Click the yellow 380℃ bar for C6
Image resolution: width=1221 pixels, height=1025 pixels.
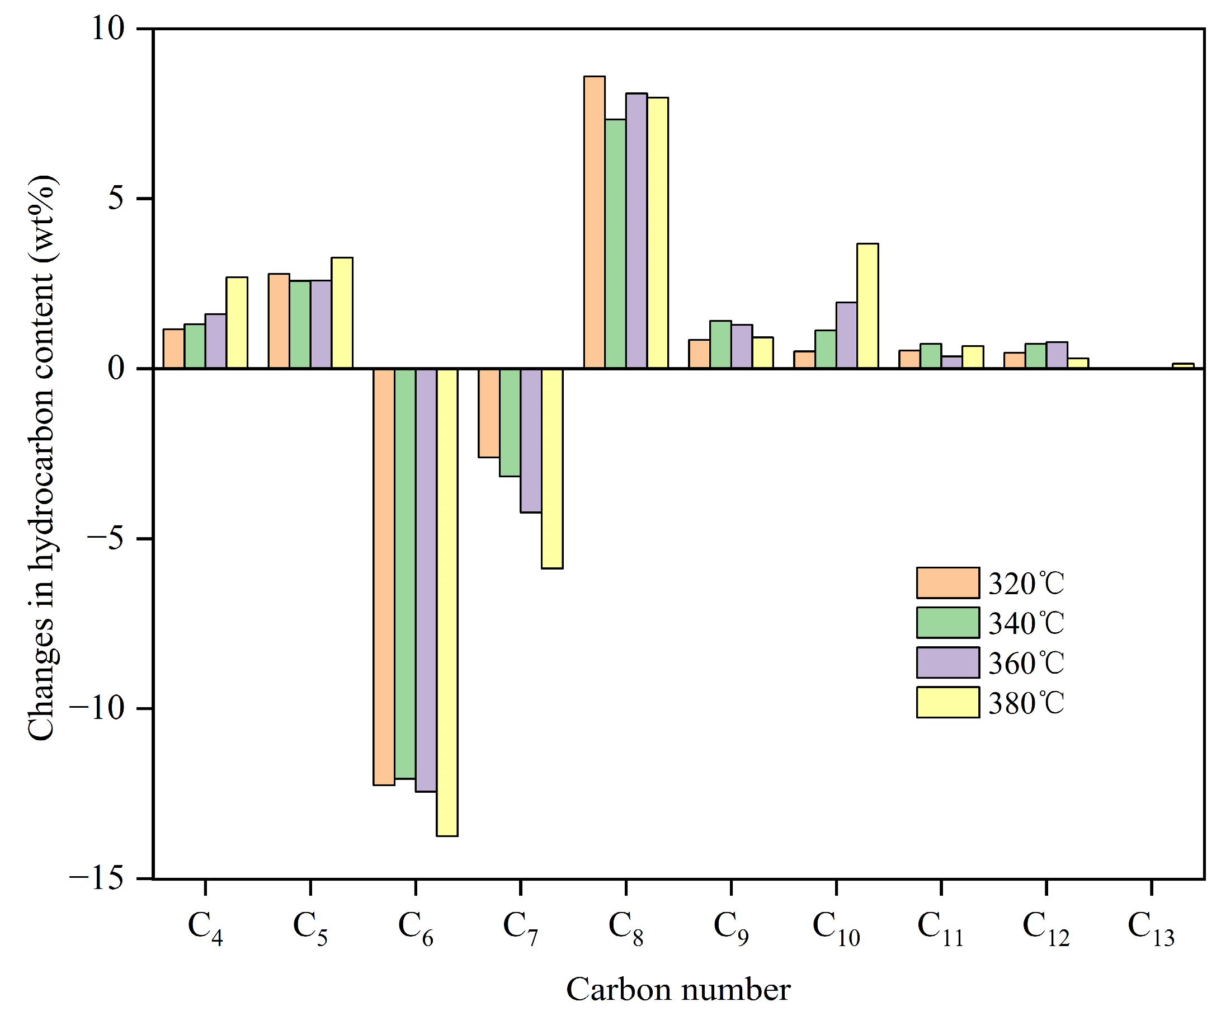click(447, 602)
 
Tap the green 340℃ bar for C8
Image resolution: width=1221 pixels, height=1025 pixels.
click(615, 244)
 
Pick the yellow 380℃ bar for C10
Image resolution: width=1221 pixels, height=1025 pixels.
click(868, 306)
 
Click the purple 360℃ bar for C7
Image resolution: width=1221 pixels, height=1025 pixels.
click(531, 440)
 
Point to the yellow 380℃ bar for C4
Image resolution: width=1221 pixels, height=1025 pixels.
click(237, 323)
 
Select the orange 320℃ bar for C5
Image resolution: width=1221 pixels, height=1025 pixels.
click(279, 321)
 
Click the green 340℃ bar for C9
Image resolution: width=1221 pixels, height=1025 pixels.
click(720, 345)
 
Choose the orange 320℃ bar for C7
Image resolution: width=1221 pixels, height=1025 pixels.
click(488, 413)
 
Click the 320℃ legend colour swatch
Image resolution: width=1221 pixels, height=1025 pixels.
click(947, 583)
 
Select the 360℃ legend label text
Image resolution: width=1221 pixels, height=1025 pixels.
click(1026, 663)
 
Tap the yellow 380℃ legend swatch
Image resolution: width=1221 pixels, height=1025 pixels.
click(947, 703)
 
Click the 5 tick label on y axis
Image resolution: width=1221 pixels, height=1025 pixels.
click(116, 199)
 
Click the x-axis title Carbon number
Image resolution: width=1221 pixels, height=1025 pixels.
click(678, 990)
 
